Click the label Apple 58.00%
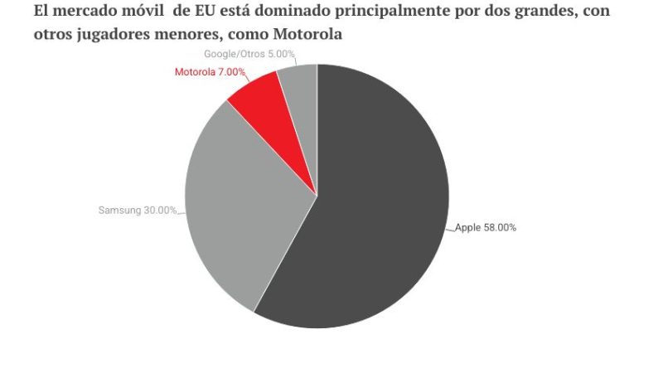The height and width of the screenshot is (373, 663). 486,227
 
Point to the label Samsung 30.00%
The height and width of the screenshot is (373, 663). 137,211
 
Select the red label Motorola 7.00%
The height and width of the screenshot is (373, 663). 210,72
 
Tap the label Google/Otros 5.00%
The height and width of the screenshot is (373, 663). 249,54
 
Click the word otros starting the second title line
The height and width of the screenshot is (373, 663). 52,36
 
